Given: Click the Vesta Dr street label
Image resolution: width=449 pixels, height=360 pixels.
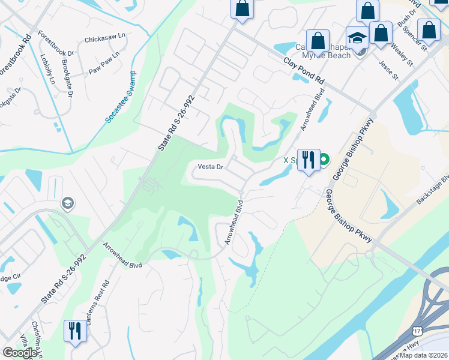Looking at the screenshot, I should point(211,167).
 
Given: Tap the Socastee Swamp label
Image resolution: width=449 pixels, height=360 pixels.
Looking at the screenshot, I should point(121,97).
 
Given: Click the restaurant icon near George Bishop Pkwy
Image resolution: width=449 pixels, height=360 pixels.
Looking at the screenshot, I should point(309,160).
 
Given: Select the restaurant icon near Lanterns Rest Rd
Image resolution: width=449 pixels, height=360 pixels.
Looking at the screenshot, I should point(75,331).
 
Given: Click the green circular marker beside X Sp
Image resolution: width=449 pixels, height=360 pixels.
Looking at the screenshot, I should point(324,160).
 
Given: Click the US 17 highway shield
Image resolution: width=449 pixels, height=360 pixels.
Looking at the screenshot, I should point(417,331).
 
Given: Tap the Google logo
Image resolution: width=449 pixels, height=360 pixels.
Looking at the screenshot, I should point(20,353).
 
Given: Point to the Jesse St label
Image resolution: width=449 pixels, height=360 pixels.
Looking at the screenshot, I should point(388,67).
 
